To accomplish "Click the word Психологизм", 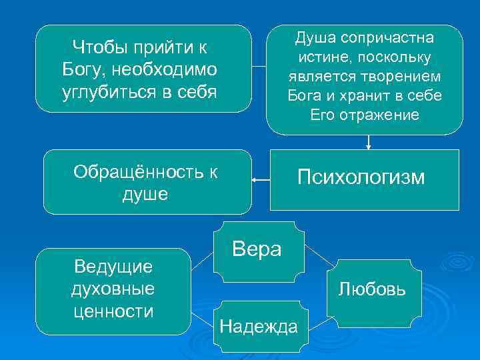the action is tap(361, 177).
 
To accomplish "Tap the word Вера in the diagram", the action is tap(257, 249).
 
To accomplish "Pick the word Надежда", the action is tap(259, 327).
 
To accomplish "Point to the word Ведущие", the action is tap(113, 267).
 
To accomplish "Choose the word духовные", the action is tap(113, 289).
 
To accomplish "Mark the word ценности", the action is tap(113, 311).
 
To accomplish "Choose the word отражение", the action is tap(386, 115).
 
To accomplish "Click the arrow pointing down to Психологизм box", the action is tap(369, 141).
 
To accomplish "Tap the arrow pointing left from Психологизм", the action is tap(261, 179).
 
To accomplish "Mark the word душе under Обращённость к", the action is tap(145, 194).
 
